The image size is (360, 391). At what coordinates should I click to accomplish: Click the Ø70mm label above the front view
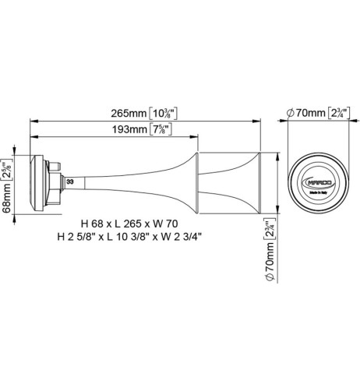tap(305, 113)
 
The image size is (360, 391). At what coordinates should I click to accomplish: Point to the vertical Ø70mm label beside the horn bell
tap(269, 252)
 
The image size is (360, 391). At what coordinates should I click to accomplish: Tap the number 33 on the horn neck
tap(71, 181)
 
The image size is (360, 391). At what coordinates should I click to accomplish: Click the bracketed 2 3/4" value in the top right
tap(339, 113)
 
